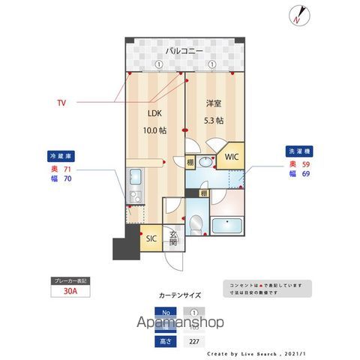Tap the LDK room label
[x=153, y=115]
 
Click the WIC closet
[x=229, y=157]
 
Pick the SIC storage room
[x=150, y=238]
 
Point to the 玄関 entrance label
[x=172, y=239]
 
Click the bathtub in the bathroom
[x=227, y=226]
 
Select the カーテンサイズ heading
[x=179, y=295]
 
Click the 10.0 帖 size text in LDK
[x=156, y=130]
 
